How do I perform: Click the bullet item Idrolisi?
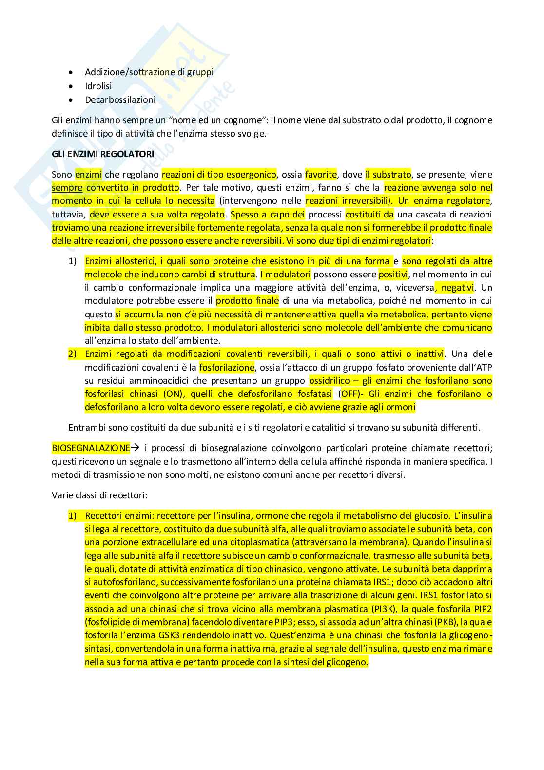98,86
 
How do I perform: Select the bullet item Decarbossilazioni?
120,99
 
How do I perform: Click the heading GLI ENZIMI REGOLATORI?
102,154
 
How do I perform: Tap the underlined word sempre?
67,188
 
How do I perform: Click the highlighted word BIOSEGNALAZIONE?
91,448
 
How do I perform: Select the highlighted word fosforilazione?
227,367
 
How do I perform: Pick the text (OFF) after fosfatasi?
350,394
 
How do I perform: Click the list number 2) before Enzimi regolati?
73,354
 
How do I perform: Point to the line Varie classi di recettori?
99,495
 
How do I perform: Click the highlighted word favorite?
321,175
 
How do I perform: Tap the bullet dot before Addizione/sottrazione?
71,72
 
